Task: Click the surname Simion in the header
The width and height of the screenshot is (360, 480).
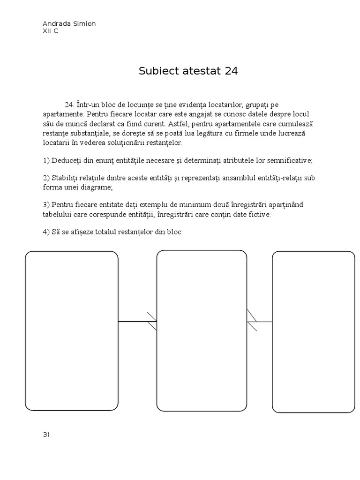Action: [x=84, y=24]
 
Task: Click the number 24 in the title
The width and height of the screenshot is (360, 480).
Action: [x=231, y=71]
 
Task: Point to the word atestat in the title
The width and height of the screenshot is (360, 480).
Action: [x=199, y=71]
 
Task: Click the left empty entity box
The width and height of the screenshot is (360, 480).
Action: [x=71, y=330]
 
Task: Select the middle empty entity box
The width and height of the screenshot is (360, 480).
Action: [x=202, y=330]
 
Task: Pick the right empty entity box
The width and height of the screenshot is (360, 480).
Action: [x=313, y=331]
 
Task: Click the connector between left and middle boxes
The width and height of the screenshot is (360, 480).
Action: [x=137, y=322]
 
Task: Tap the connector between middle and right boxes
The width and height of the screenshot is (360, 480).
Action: [x=260, y=322]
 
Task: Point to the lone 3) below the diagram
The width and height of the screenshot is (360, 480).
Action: [x=46, y=434]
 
